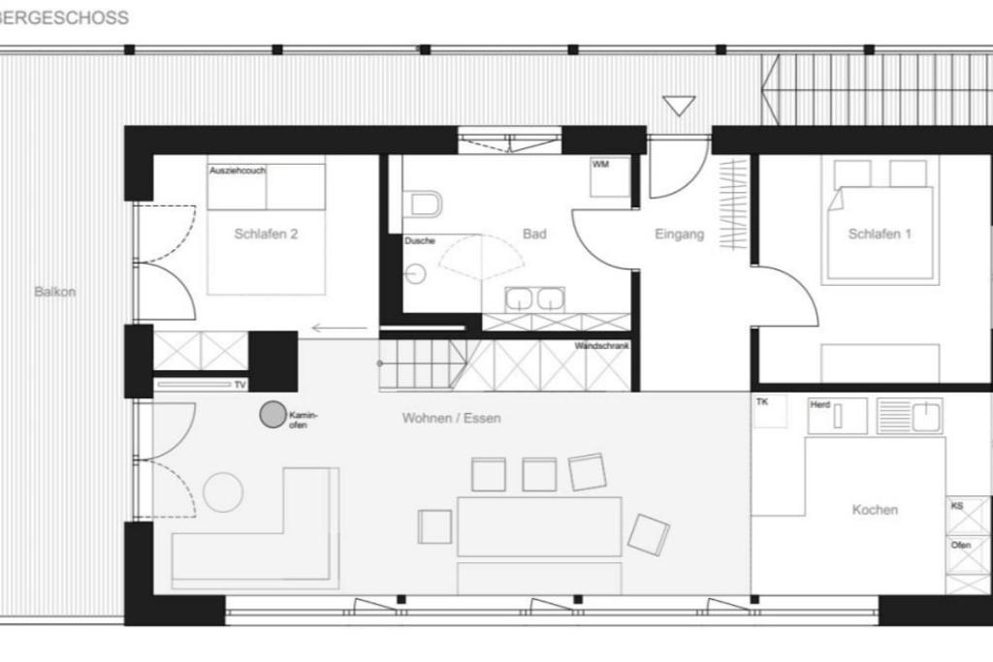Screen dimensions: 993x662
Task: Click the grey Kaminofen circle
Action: click(272, 415)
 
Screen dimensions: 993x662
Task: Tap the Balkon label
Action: click(55, 292)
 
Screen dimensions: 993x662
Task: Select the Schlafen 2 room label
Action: click(266, 234)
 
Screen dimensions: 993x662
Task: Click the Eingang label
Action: click(680, 235)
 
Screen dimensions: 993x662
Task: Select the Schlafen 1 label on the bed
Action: click(880, 234)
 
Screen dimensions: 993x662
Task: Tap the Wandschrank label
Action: click(601, 346)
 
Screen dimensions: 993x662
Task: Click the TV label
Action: click(240, 385)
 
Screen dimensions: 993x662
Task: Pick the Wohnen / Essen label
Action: click(452, 418)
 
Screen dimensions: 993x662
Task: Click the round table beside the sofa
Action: click(223, 491)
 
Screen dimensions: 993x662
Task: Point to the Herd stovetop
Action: click(837, 416)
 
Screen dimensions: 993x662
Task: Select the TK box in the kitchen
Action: click(771, 412)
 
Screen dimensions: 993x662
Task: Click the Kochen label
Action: click(875, 510)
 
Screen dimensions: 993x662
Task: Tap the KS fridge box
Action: click(968, 517)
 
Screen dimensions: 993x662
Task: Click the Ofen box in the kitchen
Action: click(968, 555)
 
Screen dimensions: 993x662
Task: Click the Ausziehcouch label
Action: click(238, 171)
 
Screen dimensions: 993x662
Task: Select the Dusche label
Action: click(420, 240)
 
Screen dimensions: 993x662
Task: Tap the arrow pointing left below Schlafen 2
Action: click(339, 328)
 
